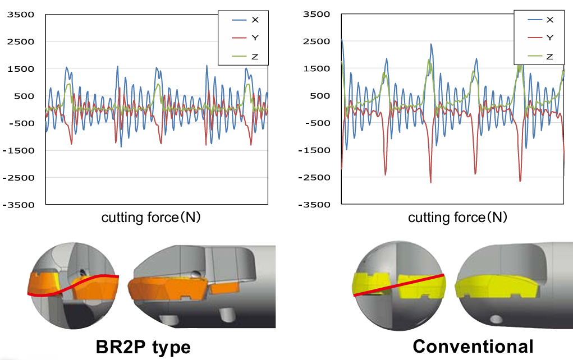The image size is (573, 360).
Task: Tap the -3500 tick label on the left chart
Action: click(20, 205)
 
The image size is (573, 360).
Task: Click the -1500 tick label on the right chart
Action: click(316, 150)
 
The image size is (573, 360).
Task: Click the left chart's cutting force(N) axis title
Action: click(151, 218)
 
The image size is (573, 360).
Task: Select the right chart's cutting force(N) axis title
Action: click(457, 218)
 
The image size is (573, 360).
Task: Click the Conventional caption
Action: click(473, 346)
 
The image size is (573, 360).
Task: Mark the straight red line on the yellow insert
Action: click(398, 285)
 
